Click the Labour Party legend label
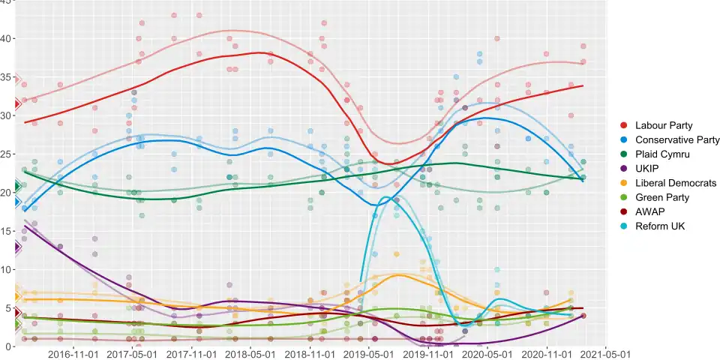pyautogui.click(x=664, y=126)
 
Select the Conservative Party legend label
pyautogui.click(x=677, y=140)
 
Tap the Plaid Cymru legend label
pyautogui.click(x=661, y=154)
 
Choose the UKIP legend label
pyautogui.click(x=647, y=169)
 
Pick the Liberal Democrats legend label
pyautogui.click(x=675, y=183)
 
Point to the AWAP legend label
pyautogui.click(x=649, y=211)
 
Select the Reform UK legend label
pyautogui.click(x=660, y=226)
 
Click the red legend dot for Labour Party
pyautogui.click(x=623, y=126)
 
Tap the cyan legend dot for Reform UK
pyautogui.click(x=623, y=226)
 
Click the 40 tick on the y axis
pyautogui.click(x=7, y=39)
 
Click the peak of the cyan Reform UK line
pyautogui.click(x=387, y=197)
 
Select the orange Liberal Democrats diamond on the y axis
pyautogui.click(x=16, y=297)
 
